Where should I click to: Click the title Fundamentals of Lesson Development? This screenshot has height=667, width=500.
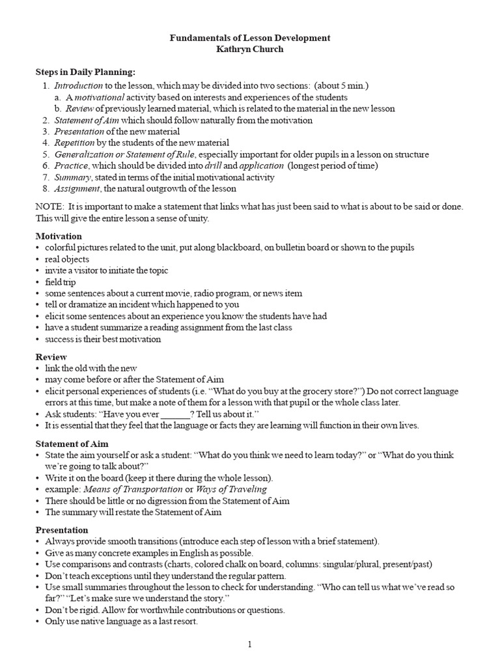tap(250, 38)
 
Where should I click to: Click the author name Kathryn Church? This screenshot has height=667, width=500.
tap(250, 50)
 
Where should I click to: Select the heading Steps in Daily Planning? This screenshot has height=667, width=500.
tap(85, 72)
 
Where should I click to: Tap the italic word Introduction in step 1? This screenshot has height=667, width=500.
tap(78, 85)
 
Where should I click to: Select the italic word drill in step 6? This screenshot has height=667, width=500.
tap(213, 165)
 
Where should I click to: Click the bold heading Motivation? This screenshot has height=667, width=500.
tap(59, 236)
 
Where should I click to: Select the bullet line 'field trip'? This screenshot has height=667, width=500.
tap(60, 282)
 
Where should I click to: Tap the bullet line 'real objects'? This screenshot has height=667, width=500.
tap(67, 259)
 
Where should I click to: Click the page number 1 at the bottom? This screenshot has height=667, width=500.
tap(249, 645)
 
